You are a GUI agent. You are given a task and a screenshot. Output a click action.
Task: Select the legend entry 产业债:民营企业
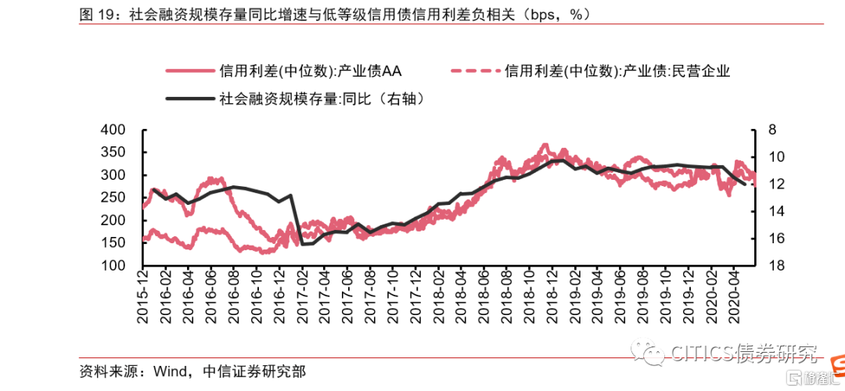point(617,72)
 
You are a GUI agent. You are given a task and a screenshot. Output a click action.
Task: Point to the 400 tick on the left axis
point(113,130)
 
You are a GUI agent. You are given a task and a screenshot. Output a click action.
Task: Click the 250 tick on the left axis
point(113,198)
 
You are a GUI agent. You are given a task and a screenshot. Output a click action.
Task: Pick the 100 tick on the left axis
point(113,266)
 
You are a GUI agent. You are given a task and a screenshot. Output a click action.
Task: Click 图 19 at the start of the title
point(96,14)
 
